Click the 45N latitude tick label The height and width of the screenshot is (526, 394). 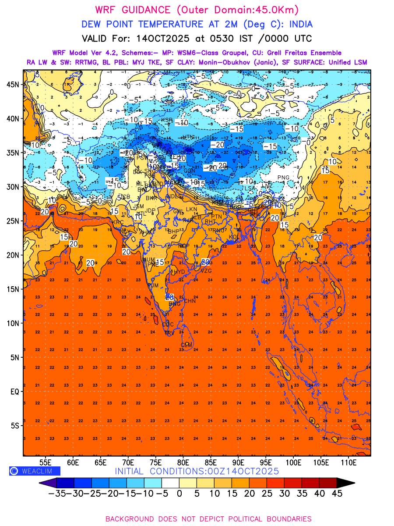(14, 85)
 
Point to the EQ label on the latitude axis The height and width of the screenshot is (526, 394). (14, 391)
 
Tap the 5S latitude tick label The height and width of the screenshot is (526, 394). (15, 426)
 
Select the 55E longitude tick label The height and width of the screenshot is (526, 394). (46, 462)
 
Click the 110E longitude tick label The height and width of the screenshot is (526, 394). (349, 462)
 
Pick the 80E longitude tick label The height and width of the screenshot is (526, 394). (183, 462)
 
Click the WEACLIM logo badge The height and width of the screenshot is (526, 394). (35, 471)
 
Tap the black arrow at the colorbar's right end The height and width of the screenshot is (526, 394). (345, 483)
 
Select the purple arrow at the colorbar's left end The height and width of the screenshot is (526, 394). (48, 483)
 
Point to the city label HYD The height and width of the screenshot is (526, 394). (179, 272)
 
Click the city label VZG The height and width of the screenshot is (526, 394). (206, 270)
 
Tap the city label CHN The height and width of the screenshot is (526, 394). (190, 301)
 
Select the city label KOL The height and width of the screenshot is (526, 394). (233, 237)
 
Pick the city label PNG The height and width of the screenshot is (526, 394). (283, 178)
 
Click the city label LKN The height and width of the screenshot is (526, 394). (192, 210)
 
